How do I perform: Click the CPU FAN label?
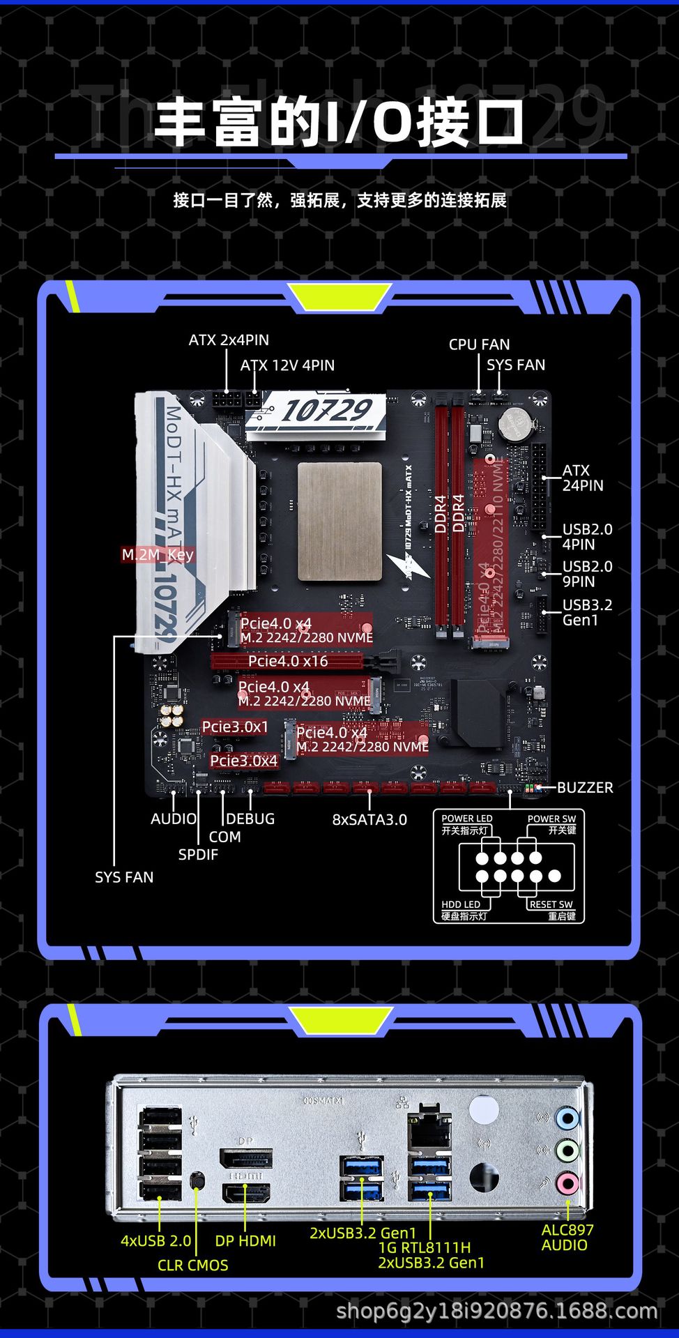(x=479, y=344)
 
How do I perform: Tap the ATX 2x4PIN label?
(x=229, y=340)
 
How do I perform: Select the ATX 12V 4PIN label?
(x=287, y=365)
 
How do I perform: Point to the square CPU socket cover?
(x=339, y=521)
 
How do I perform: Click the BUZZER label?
(x=585, y=788)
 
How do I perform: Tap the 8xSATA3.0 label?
(x=369, y=820)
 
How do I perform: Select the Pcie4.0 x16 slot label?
(x=288, y=661)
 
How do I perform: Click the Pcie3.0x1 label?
(x=235, y=727)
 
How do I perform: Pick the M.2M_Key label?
(x=158, y=555)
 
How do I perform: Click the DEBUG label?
(x=250, y=819)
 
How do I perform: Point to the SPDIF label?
(x=198, y=855)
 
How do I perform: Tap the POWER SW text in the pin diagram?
(x=551, y=819)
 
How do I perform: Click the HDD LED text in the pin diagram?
(x=461, y=904)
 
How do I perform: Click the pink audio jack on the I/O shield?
(x=567, y=1183)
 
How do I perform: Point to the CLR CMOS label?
(x=193, y=1265)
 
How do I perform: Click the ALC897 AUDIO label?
(x=566, y=1238)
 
